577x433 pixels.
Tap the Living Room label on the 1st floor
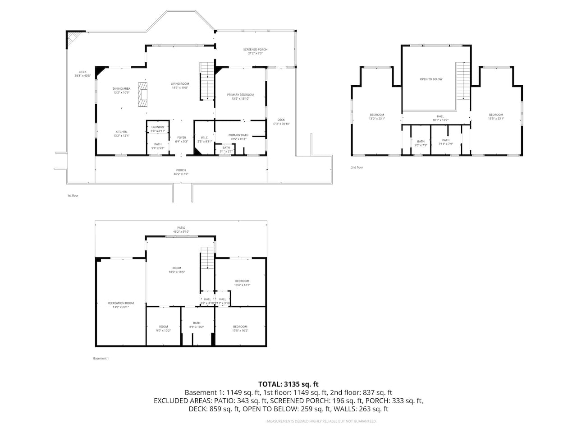coord(179,86)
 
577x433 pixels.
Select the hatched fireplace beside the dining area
coord(143,94)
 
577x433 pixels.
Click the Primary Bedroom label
coord(240,97)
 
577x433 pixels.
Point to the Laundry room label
coord(158,129)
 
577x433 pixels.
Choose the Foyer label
coord(181,139)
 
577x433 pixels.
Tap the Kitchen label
coord(121,134)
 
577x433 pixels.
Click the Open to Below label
coord(431,79)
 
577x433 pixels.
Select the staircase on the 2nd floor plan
coord(463,81)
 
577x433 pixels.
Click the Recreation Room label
coord(120,305)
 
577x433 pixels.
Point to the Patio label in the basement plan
coord(181,230)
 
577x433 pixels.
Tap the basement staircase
coord(207,258)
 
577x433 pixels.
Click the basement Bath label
coord(197,325)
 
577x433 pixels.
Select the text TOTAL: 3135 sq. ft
coord(288,384)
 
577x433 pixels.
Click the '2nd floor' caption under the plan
coord(357,167)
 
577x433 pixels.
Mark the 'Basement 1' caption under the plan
coord(101,359)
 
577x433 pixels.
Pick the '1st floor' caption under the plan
coord(73,196)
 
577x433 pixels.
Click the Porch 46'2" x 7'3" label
coord(181,172)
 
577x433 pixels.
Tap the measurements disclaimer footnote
coord(321,421)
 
